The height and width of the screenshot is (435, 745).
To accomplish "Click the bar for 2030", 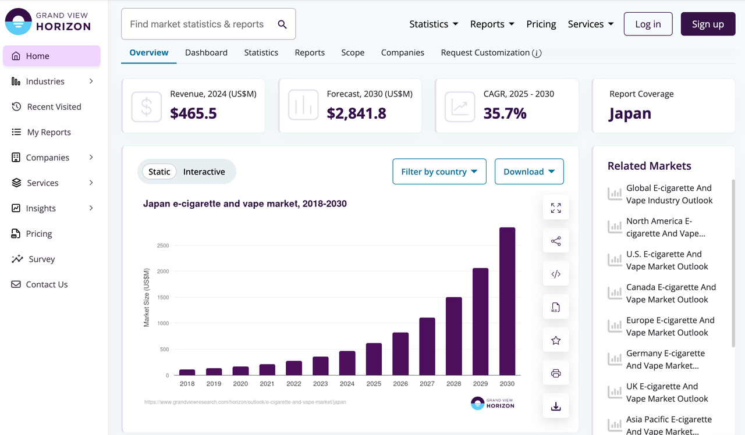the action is [x=507, y=301].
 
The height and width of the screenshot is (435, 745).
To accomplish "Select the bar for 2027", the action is [x=427, y=346].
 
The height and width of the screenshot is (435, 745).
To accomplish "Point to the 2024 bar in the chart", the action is [x=347, y=363].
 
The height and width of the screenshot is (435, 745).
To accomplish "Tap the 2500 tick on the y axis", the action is [x=163, y=245].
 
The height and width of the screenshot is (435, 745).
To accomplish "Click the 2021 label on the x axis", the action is [x=267, y=384].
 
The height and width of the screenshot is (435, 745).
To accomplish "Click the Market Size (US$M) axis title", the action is [x=146, y=297].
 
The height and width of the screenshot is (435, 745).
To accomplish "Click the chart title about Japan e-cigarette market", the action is [x=245, y=204].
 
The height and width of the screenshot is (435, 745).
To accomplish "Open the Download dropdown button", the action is [x=529, y=172].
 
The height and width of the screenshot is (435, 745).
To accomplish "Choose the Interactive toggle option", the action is [x=204, y=172].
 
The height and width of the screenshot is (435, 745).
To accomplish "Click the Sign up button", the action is [x=708, y=24].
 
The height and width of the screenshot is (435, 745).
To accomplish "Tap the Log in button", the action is [x=648, y=24].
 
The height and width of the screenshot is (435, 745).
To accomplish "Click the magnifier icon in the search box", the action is [x=282, y=24].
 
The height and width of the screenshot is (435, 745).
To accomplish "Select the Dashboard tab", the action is [x=206, y=52].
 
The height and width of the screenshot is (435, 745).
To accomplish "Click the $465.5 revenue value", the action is [x=193, y=113].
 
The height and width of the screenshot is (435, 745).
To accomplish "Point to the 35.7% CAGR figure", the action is [x=505, y=113].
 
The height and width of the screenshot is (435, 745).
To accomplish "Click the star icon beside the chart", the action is [x=556, y=340].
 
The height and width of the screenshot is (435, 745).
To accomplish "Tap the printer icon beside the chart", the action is [x=556, y=373].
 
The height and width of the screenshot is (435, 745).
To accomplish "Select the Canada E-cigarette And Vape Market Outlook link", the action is [x=671, y=293].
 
